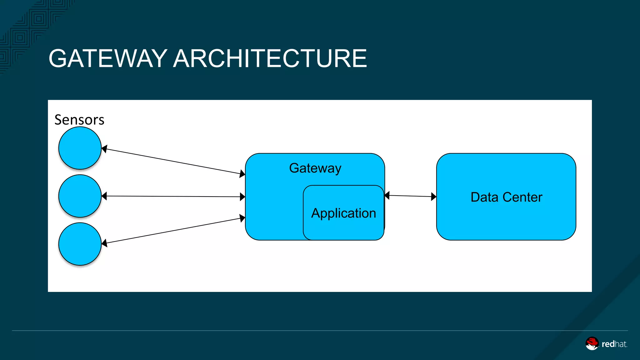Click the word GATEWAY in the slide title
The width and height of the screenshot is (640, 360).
(108, 58)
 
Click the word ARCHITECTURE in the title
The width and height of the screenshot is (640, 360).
(270, 58)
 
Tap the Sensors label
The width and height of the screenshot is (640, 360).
(79, 120)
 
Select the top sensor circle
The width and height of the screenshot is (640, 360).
(80, 148)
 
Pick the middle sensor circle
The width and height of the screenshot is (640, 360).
(80, 196)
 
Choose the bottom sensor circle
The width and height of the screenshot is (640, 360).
(80, 244)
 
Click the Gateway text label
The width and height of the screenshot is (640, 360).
(315, 168)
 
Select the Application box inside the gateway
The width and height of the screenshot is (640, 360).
(343, 213)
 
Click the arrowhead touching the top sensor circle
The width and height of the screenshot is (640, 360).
(105, 149)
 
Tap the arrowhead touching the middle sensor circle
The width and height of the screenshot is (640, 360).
(104, 196)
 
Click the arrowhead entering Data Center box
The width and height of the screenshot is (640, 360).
(433, 197)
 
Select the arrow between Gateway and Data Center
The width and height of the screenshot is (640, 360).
(410, 196)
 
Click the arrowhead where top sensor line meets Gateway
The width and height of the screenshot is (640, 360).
(242, 173)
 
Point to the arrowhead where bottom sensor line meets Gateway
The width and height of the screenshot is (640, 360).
(242, 218)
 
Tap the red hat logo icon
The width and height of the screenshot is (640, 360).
(592, 343)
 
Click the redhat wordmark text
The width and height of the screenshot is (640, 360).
(614, 344)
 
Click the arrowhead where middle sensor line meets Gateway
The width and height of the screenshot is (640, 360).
(242, 197)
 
